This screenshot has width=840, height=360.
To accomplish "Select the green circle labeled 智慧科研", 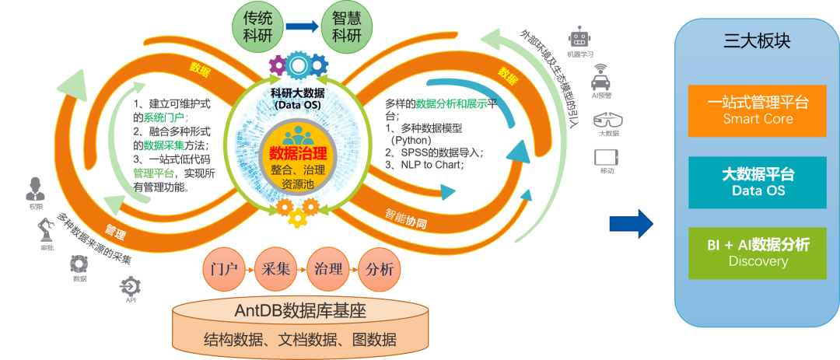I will pos(346,27).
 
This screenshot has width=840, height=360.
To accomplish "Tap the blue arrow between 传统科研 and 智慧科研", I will pos(301,27).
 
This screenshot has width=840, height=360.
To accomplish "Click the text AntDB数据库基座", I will pos(300,312).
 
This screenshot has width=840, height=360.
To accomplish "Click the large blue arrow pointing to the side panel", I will pos(631,223).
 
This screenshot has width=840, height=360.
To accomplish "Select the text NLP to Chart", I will pos(432,165).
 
